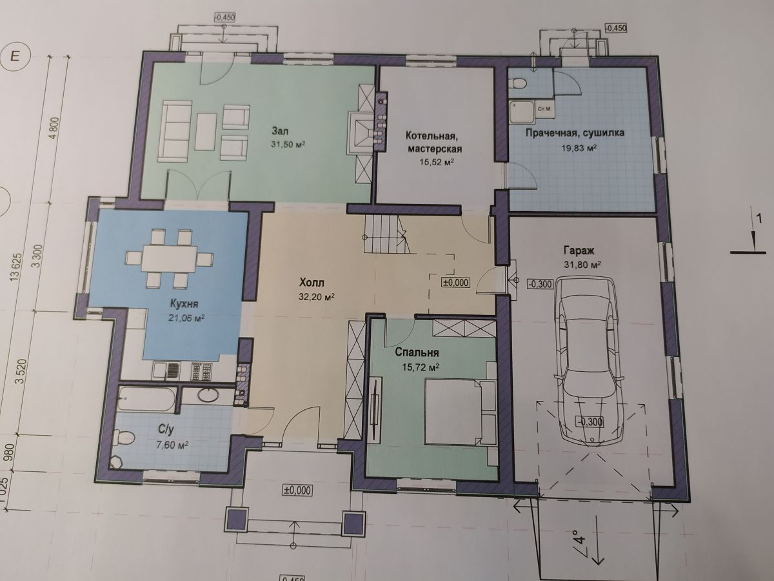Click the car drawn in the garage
click(x=586, y=362)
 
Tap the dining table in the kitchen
click(x=169, y=258)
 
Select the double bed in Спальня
click(x=460, y=411)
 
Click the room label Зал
click(x=280, y=131)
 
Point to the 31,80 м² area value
click(x=582, y=265)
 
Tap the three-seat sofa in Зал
click(x=175, y=130)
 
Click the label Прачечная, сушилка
click(x=575, y=133)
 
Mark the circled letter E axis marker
click(x=16, y=57)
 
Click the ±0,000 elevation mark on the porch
click(x=297, y=491)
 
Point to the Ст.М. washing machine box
click(x=544, y=109)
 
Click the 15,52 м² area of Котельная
click(x=436, y=162)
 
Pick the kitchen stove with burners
click(x=202, y=371)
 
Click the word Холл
click(x=312, y=283)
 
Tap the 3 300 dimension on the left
click(x=39, y=257)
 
